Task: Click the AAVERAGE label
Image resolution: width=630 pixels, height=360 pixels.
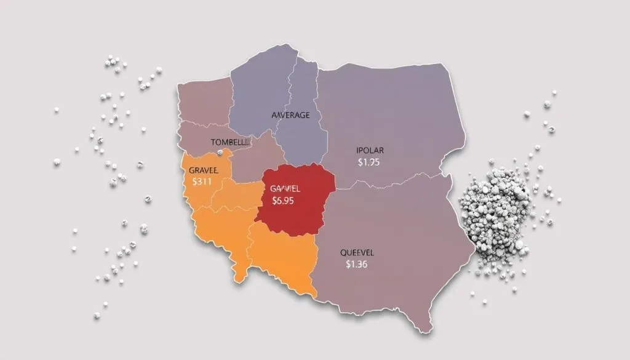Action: click(290, 115)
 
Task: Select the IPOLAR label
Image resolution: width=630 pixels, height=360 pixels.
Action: click(369, 150)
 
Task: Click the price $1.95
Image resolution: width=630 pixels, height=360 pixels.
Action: click(369, 162)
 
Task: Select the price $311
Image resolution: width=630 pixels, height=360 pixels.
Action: click(202, 182)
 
